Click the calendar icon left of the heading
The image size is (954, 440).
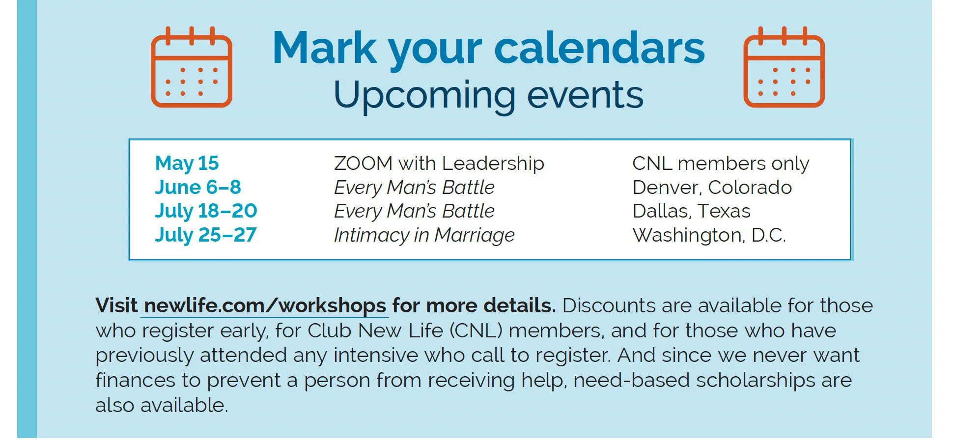tap(192, 67)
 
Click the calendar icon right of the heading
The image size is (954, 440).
tap(784, 67)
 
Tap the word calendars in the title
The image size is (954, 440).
tap(599, 48)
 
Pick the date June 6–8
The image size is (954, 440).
tap(198, 187)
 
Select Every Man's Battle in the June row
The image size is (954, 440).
tap(414, 188)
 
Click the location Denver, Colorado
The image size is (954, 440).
tap(712, 188)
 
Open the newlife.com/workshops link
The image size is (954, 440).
tap(265, 306)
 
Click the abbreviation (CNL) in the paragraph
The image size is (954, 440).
tap(477, 331)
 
